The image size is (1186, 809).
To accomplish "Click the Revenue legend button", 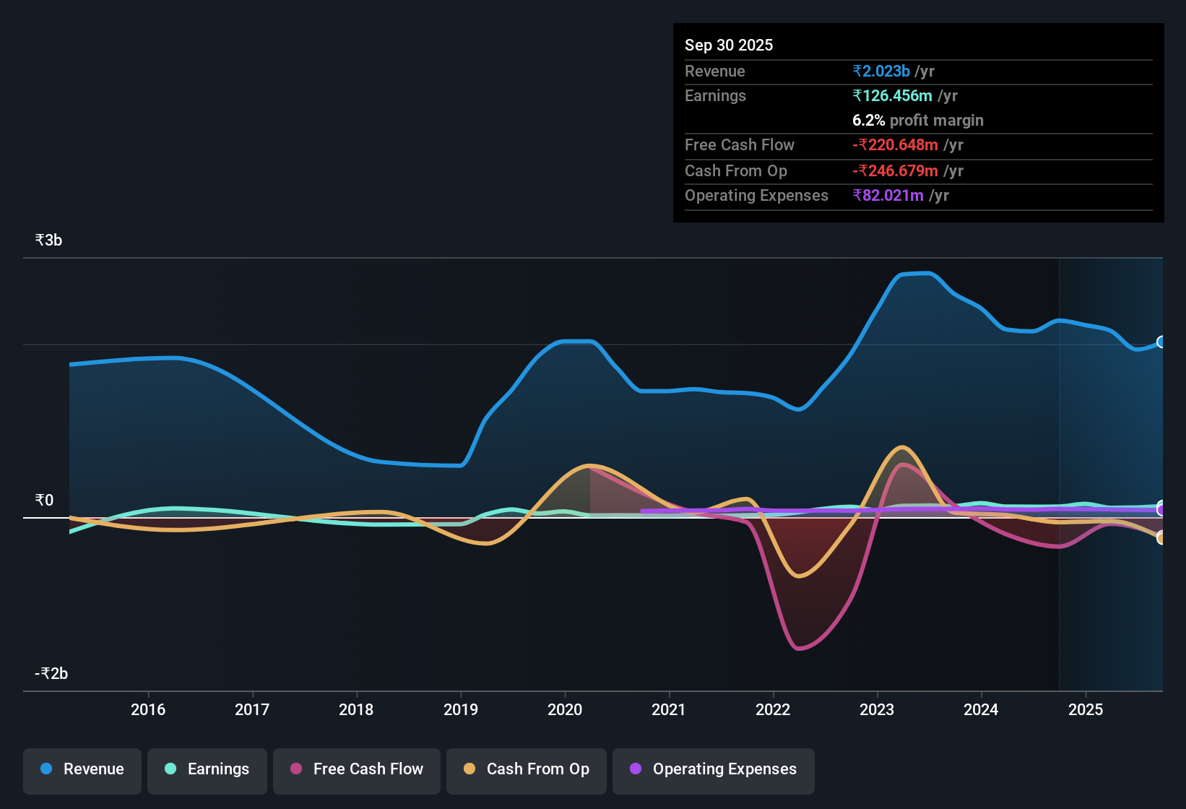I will [82, 770].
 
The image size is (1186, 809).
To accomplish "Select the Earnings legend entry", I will [207, 770].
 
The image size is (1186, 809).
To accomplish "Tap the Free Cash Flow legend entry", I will [356, 770].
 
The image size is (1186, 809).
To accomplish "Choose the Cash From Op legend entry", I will [526, 770].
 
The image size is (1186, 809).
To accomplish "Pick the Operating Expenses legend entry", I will [713, 770].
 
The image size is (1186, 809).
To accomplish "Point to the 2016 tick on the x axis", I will [148, 709].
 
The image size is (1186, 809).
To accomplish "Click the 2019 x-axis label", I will [461, 709].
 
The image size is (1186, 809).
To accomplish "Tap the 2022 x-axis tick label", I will [773, 709].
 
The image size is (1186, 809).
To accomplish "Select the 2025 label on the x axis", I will [1085, 709].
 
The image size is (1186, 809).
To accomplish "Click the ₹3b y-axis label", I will [48, 240].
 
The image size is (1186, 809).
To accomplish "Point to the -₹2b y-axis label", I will [51, 673].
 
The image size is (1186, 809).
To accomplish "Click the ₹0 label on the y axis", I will [44, 500].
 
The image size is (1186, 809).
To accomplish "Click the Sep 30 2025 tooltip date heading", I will [728, 45].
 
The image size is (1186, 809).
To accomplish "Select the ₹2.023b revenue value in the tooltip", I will [880, 71].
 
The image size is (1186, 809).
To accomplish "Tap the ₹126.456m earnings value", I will [892, 95].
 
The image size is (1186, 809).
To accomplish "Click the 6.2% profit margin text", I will [917, 120].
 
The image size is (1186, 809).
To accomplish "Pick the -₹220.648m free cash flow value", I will [895, 144].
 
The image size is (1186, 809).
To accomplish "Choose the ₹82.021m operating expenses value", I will [888, 195].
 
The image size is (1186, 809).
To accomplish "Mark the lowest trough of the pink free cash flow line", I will [799, 649].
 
